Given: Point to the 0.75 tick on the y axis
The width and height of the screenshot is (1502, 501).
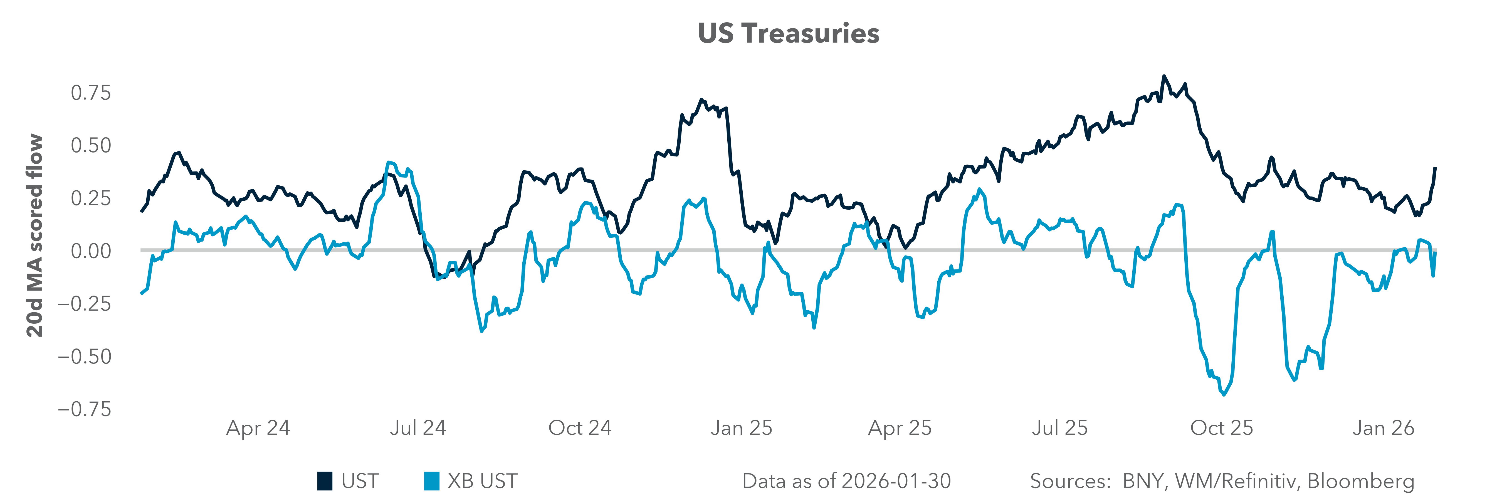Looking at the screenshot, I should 90,93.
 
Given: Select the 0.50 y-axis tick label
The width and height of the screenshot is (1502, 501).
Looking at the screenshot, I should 90,145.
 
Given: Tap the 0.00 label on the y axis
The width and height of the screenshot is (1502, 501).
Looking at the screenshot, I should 90,251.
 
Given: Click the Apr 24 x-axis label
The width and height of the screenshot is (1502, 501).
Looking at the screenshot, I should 258,428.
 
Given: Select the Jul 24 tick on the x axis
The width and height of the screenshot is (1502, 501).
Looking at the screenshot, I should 418,428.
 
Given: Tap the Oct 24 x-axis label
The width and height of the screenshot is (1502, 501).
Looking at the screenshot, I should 580,428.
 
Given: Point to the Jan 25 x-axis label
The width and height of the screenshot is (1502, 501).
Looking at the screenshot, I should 741,428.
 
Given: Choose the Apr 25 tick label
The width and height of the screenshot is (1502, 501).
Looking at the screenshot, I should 900,428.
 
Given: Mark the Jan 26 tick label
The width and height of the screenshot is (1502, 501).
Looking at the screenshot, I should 1383,428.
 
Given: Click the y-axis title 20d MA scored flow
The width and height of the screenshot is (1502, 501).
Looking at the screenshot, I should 35,236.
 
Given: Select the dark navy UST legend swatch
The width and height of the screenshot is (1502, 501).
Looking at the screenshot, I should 325,481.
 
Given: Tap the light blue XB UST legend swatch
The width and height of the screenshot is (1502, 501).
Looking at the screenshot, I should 431,481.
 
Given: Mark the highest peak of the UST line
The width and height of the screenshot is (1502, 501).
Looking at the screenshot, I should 1164,77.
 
